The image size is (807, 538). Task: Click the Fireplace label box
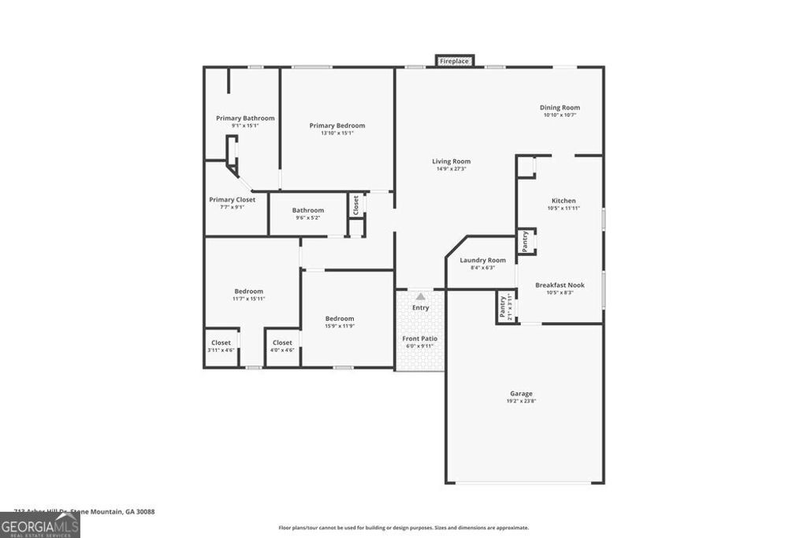tap(455, 61)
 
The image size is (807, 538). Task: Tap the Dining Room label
tap(560, 108)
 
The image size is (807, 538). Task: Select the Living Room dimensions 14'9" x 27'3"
tap(452, 169)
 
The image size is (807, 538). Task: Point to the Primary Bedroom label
tap(337, 125)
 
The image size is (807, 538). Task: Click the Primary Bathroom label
tap(245, 118)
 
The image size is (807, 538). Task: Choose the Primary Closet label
tap(232, 200)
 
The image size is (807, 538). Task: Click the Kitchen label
tap(563, 201)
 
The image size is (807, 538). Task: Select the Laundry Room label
tap(483, 260)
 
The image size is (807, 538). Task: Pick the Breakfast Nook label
tap(560, 285)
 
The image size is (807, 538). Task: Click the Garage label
tap(521, 393)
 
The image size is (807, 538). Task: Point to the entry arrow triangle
tap(421, 297)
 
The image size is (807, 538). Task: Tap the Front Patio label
tap(420, 338)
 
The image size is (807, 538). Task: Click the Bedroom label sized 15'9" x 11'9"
tap(340, 318)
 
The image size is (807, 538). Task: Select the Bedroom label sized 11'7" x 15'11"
tap(248, 291)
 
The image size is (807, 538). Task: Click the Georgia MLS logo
tap(39, 525)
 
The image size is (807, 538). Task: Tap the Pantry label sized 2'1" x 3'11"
tap(502, 306)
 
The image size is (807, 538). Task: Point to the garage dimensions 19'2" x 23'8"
tap(521, 401)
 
